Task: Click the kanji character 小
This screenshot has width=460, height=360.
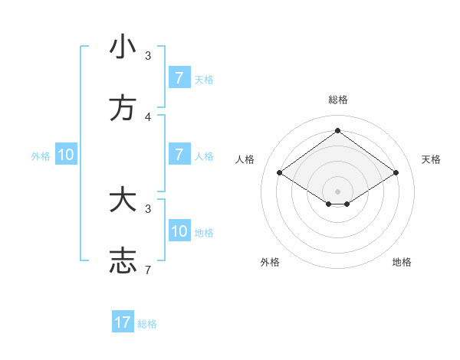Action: pos(123,47)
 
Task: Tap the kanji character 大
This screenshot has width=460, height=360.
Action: pos(123,201)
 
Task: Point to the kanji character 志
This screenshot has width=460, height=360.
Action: pos(123,261)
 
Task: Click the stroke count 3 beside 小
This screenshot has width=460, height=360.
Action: pos(148,56)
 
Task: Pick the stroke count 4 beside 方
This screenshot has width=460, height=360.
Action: pos(148,117)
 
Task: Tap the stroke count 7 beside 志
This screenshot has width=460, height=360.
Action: pos(148,270)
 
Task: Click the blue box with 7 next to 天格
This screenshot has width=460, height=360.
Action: pos(179,78)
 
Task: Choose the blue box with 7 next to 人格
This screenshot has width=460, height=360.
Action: pos(179,155)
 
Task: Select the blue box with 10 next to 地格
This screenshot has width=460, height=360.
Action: pos(179,231)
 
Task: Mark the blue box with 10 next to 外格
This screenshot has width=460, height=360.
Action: pos(66,155)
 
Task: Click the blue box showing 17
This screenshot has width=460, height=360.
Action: pos(123,322)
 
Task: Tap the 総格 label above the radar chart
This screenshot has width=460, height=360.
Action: pos(338,100)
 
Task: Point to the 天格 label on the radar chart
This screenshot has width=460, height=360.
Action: pos(432,159)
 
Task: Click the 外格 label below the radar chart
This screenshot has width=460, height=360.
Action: pos(270,262)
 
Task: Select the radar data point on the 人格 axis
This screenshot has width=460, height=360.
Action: pos(280,173)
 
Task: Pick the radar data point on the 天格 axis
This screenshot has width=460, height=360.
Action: pos(396,173)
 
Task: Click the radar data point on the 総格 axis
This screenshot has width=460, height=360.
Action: pos(338,130)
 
